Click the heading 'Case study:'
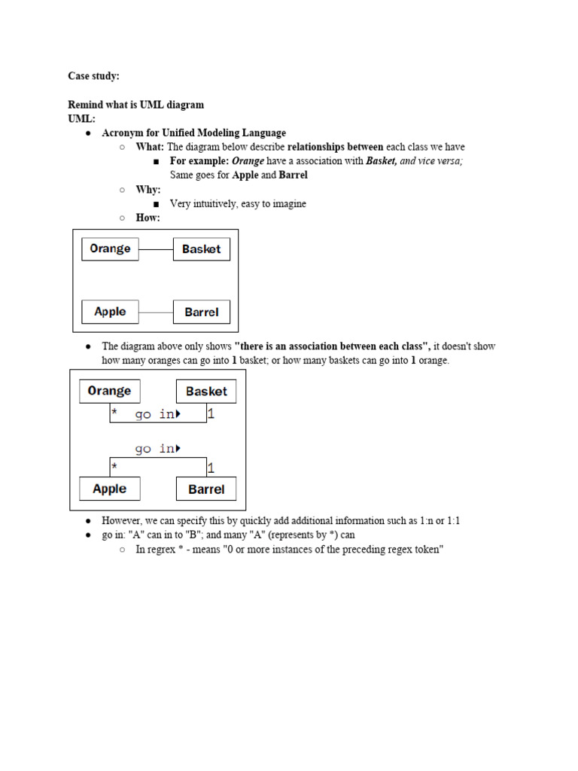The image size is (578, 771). coord(93,76)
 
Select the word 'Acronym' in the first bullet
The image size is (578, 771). coord(122,133)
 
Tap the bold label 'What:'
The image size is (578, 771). coord(150,147)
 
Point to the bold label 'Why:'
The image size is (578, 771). coord(148,190)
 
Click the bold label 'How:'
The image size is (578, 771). coord(148,218)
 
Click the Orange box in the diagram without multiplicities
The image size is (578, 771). coord(110,249)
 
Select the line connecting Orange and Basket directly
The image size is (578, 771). coord(156,249)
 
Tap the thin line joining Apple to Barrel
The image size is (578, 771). coord(156,312)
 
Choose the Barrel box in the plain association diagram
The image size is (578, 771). coord(202,312)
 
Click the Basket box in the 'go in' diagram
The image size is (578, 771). coord(206,392)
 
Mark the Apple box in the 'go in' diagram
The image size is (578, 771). coord(110,489)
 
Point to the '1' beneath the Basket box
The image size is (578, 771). coord(211,414)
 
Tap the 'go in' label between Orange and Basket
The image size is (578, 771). coord(156,415)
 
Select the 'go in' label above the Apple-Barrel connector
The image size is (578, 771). coord(156,449)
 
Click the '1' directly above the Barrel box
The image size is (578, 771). coord(211,468)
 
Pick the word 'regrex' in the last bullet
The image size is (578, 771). coord(164,550)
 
